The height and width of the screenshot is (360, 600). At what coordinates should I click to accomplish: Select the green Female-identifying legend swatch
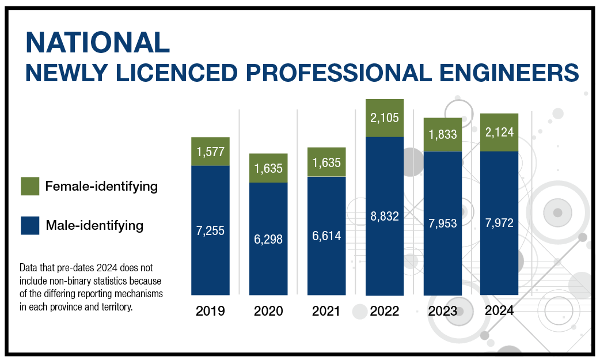coord(29,186)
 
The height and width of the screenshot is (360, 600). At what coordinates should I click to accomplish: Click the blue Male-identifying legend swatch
coord(29,225)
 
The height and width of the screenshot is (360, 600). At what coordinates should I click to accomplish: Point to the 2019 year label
coord(210,312)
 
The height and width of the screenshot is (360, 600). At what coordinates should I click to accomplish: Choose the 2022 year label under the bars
coord(385,312)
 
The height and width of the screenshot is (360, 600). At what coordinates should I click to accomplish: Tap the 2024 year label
coord(499,311)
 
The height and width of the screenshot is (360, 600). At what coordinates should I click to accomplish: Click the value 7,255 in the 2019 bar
coord(210,230)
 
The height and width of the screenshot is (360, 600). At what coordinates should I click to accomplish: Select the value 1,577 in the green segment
coord(210,153)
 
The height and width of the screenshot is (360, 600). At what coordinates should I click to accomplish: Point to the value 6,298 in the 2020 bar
coord(268,239)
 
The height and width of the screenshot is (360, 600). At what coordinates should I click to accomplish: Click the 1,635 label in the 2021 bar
coord(326,163)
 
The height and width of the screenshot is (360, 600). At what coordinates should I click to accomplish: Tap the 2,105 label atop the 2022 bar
coord(385,119)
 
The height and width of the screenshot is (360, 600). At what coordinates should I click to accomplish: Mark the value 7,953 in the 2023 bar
coord(442,223)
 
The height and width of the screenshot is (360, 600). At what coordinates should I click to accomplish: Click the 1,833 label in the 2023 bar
coord(442,135)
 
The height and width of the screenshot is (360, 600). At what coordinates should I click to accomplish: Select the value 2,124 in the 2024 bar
coord(499,133)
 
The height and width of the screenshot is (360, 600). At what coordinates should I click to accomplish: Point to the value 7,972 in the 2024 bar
coord(499,223)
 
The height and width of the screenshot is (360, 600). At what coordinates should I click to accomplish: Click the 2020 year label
coord(268,312)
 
